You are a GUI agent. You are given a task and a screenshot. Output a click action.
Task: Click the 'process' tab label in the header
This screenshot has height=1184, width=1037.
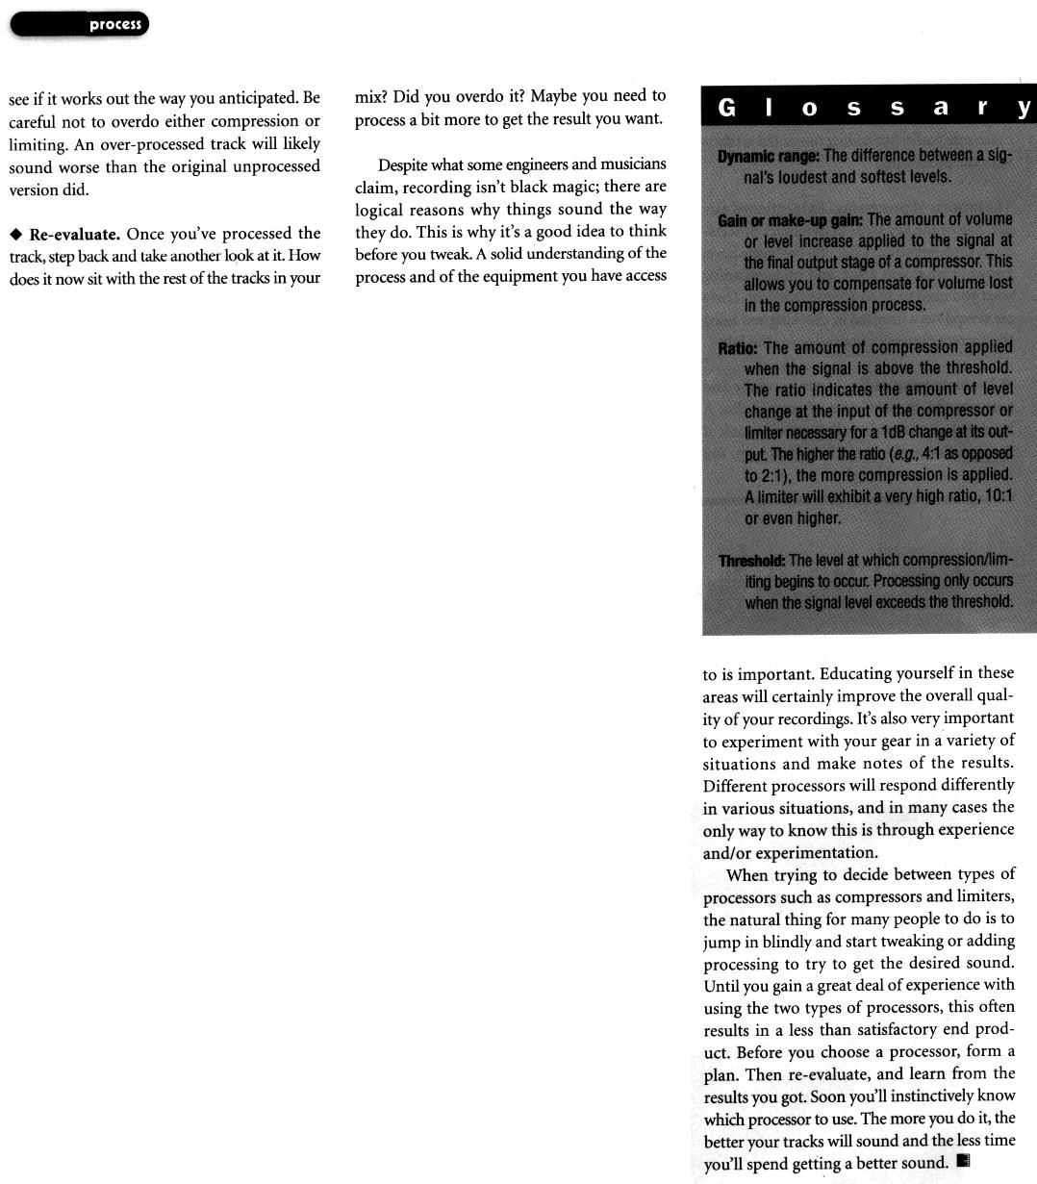114,25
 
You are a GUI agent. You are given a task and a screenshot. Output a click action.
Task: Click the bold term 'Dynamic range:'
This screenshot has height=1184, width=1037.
769,155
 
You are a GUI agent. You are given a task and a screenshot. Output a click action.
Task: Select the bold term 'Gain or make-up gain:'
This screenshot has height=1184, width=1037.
791,219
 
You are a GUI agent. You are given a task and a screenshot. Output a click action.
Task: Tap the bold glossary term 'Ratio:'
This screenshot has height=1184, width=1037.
738,347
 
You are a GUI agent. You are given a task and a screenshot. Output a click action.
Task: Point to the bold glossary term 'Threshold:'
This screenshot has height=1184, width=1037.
751,561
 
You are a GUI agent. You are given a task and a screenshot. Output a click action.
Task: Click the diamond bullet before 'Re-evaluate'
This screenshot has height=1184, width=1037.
15,234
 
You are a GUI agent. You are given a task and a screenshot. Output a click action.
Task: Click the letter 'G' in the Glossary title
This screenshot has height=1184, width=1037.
728,109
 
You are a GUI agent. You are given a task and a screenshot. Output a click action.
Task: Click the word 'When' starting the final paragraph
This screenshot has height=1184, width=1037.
746,874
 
